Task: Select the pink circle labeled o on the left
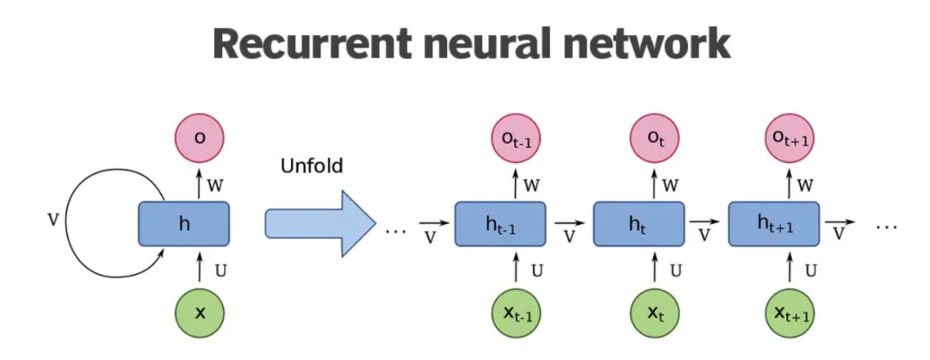[x=200, y=138]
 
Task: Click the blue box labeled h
[x=184, y=224]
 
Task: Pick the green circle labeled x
[x=200, y=312]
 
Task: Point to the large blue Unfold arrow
[x=321, y=224]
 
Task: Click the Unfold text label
[x=312, y=165]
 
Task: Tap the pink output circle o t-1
[x=517, y=138]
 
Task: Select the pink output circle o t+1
[x=790, y=138]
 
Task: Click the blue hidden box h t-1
[x=500, y=224]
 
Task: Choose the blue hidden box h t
[x=639, y=224]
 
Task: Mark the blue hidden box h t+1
[x=774, y=224]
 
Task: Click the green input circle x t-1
[x=517, y=312]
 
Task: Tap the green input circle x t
[x=655, y=312]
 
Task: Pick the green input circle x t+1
[x=790, y=312]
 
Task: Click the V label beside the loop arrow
[x=53, y=220]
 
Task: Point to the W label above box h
[x=216, y=186]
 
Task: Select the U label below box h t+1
[x=811, y=271]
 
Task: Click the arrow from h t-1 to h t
[x=570, y=224]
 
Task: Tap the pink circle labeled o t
[x=655, y=138]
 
